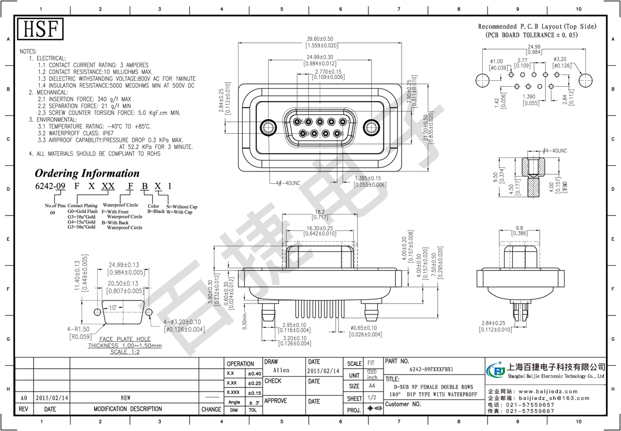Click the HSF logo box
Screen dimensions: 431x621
(x=40, y=29)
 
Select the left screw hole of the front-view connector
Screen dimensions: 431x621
(x=269, y=127)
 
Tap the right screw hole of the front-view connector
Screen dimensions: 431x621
(x=371, y=127)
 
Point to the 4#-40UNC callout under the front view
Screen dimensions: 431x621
(x=285, y=183)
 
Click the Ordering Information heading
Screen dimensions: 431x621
(x=87, y=174)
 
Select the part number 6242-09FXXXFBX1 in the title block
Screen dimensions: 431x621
(x=431, y=369)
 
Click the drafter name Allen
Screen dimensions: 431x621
(x=281, y=370)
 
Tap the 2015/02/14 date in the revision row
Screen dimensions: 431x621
(x=50, y=398)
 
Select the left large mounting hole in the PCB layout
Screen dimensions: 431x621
(x=482, y=81)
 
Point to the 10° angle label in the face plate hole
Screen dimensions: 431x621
(x=113, y=308)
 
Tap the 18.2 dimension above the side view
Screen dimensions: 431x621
(x=319, y=212)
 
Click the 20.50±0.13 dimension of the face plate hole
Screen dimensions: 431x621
(x=123, y=283)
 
